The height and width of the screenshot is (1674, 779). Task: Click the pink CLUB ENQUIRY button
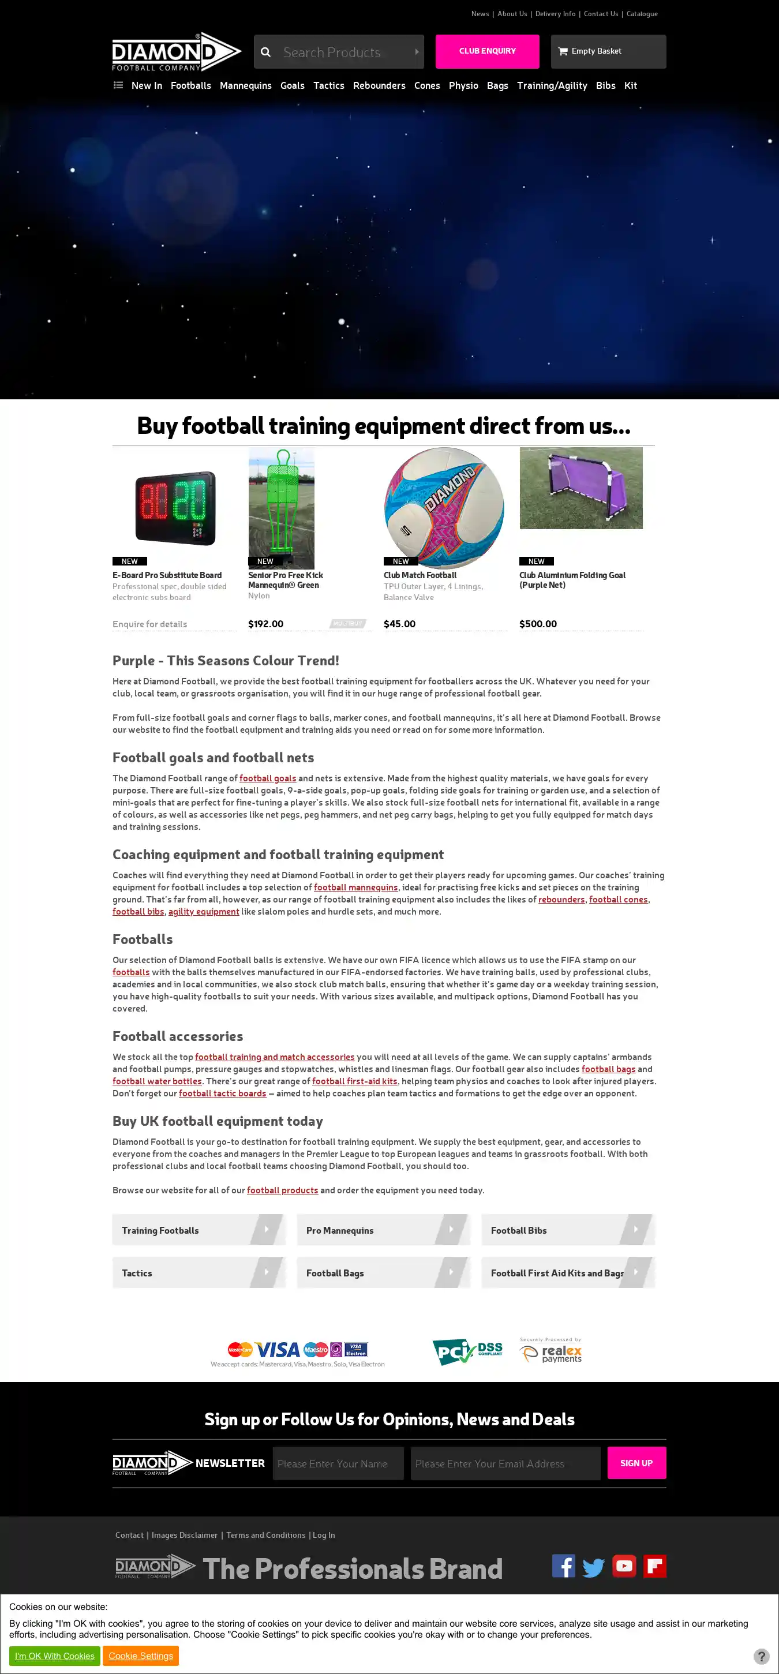[x=486, y=51]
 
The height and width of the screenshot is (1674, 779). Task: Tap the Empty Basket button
[x=608, y=51]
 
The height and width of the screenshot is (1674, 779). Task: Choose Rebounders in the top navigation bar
[x=379, y=86]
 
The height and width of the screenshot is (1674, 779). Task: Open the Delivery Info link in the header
[x=555, y=14]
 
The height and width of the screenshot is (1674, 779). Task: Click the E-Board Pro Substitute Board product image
[x=175, y=508]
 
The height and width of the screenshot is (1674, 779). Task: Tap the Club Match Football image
[x=444, y=508]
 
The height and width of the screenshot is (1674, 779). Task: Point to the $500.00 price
[x=537, y=624]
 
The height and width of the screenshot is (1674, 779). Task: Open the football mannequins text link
[x=355, y=887]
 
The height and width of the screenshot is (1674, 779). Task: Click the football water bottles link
[x=156, y=1081]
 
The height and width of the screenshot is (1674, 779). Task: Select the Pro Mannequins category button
[x=383, y=1230]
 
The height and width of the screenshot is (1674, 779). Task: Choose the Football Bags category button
[x=383, y=1273]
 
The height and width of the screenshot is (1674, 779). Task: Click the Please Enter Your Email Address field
[x=505, y=1463]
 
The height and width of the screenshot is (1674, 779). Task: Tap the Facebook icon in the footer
[x=563, y=1566]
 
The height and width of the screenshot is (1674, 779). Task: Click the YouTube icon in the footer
[x=624, y=1566]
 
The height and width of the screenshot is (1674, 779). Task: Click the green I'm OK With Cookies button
[x=55, y=1656]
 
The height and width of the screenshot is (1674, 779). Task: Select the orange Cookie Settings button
[x=140, y=1656]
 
